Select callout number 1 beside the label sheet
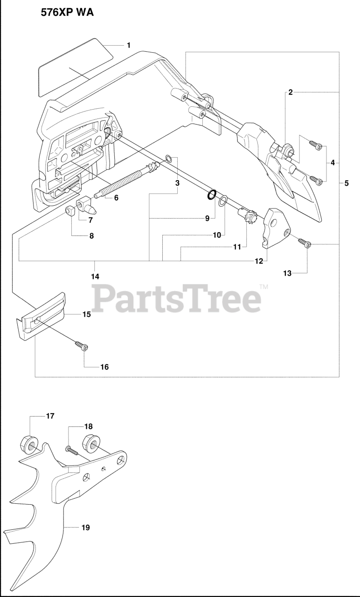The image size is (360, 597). point(128,45)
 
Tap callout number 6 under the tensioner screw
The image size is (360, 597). point(116,197)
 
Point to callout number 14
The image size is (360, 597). point(95,276)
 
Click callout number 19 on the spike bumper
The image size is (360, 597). point(85,528)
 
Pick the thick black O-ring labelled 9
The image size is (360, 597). point(212,194)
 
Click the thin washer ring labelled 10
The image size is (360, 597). point(223,201)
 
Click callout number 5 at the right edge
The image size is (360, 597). point(346,183)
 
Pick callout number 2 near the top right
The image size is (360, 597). point(290,92)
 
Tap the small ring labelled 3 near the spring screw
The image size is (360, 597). point(171,161)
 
